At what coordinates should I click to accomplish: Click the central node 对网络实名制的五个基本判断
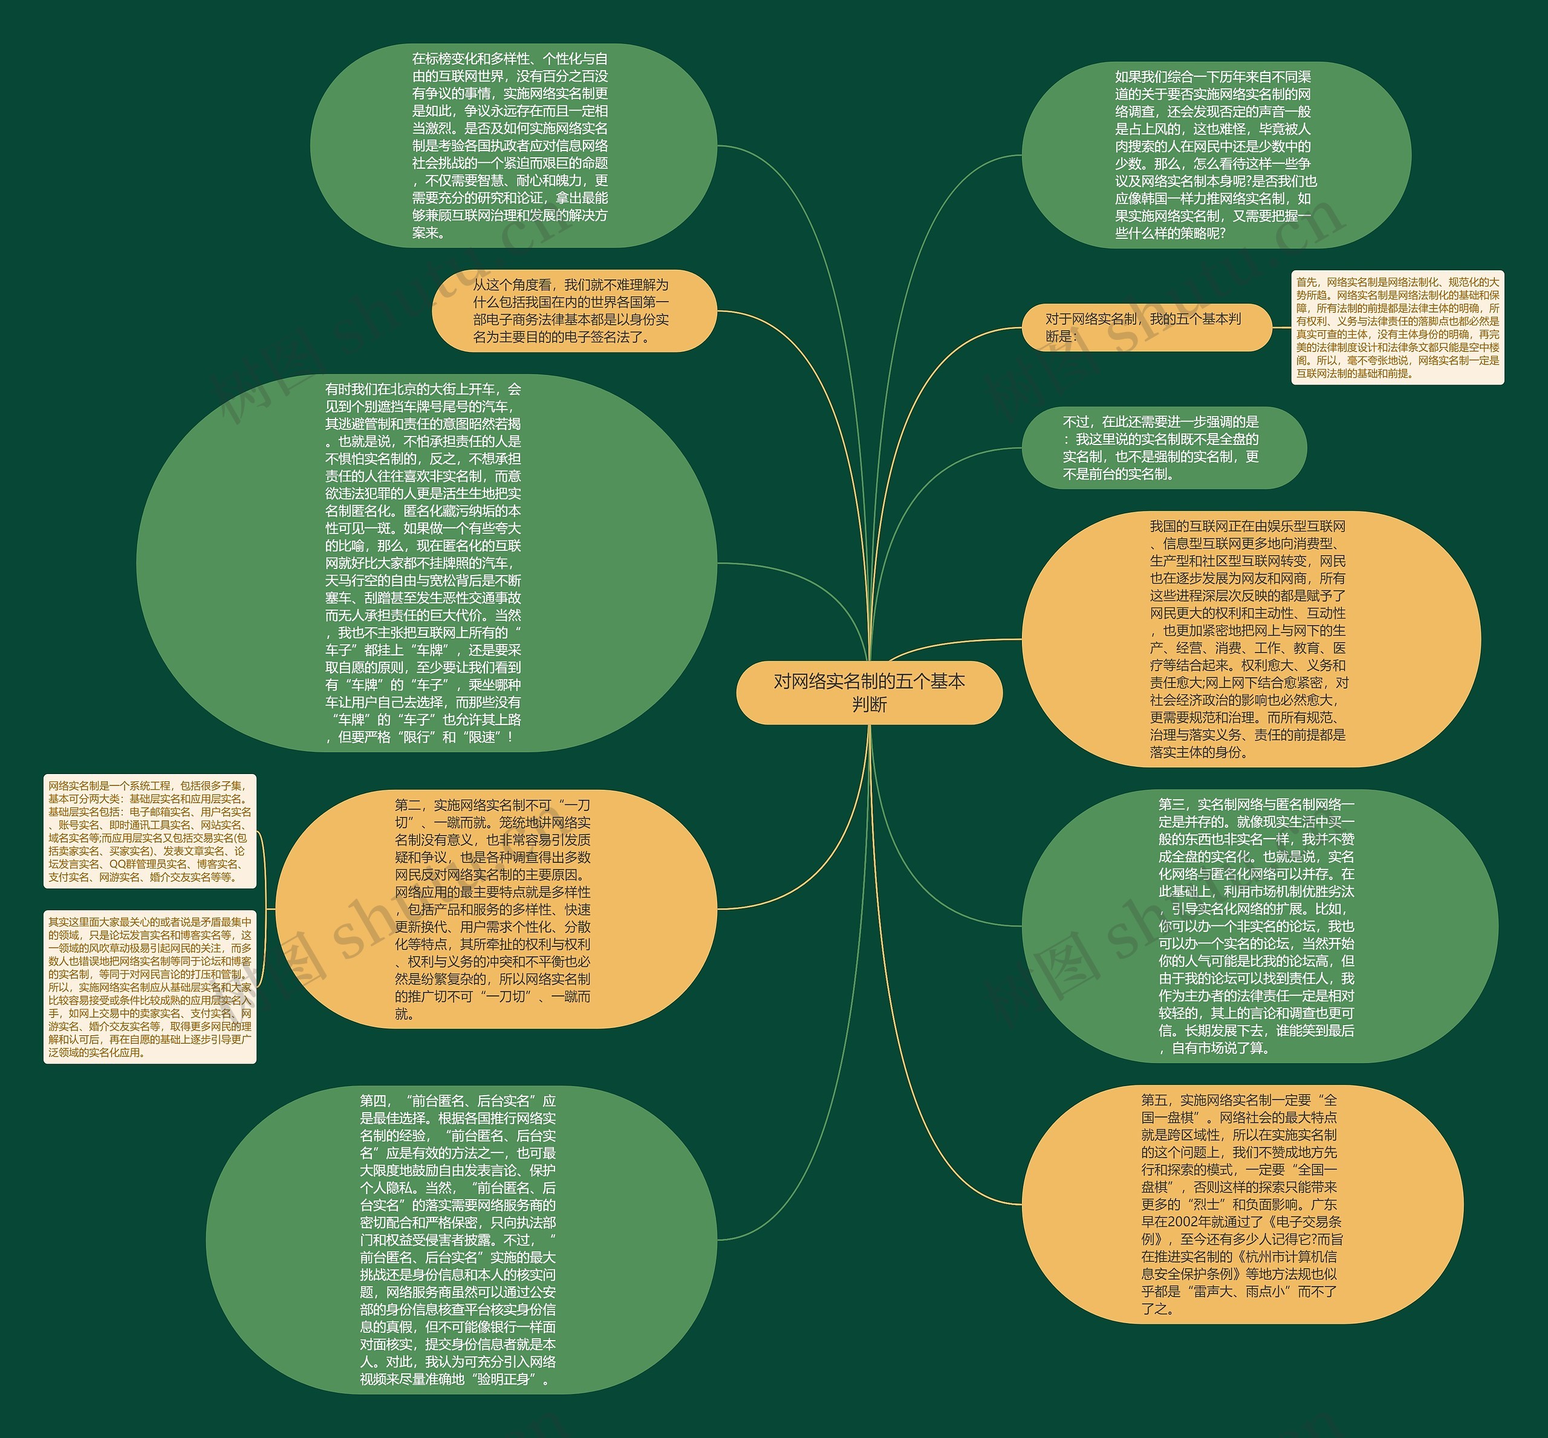(868, 692)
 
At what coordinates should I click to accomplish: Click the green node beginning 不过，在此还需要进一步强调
(1163, 448)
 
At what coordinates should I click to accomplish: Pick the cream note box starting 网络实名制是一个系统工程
(149, 831)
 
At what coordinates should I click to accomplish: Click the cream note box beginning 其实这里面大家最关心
(149, 987)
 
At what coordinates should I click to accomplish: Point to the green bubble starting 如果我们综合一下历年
(1215, 155)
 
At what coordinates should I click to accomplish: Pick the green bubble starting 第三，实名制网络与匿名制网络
(1258, 926)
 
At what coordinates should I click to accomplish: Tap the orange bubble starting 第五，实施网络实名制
(1241, 1204)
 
